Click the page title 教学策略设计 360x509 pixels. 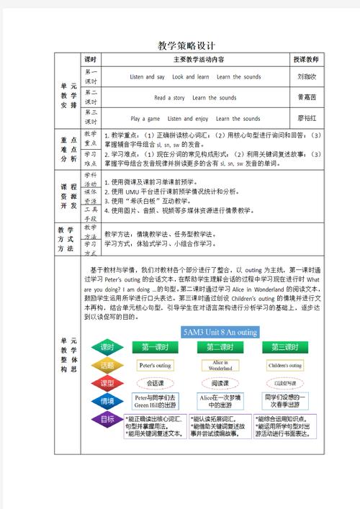tap(180, 45)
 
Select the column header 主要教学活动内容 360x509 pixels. tap(192, 60)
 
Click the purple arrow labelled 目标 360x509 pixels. tap(107, 419)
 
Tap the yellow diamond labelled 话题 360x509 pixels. tap(107, 365)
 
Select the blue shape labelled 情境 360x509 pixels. tap(107, 400)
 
